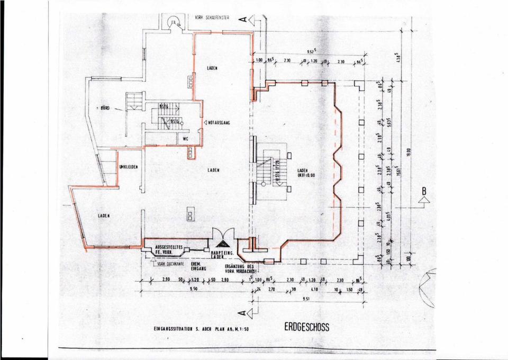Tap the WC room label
186,139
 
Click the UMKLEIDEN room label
129,166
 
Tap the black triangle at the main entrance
224,244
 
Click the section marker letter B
424,191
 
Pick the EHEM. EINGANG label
197,266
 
